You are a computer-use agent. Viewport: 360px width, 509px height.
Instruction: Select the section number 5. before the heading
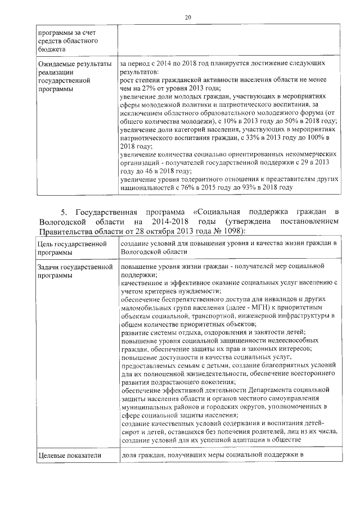64,212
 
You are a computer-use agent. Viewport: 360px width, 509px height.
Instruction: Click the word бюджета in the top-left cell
53,49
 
